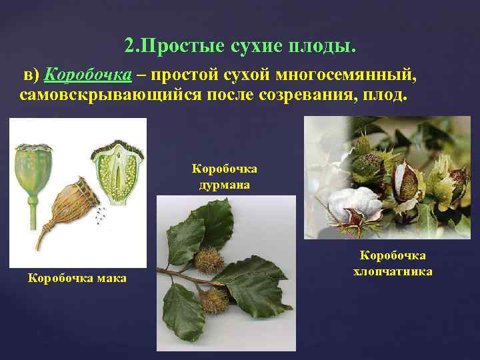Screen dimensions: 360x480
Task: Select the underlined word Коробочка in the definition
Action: tap(77, 75)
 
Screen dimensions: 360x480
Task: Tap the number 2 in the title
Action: tap(129, 47)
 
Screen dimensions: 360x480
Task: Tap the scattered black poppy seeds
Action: tap(100, 215)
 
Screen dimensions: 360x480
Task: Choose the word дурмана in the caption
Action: tap(225, 184)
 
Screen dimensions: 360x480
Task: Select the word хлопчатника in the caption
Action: tap(393, 271)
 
